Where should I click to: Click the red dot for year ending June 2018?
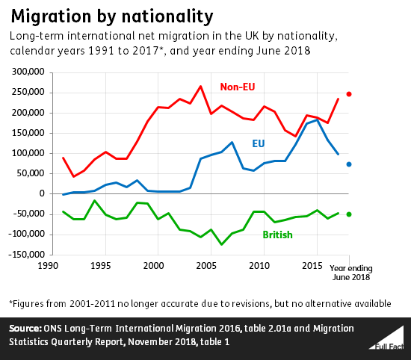tap(348, 94)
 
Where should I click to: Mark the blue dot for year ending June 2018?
tap(348, 164)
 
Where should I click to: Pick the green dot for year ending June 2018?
tap(348, 214)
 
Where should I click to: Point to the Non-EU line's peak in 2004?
tap(200, 86)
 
